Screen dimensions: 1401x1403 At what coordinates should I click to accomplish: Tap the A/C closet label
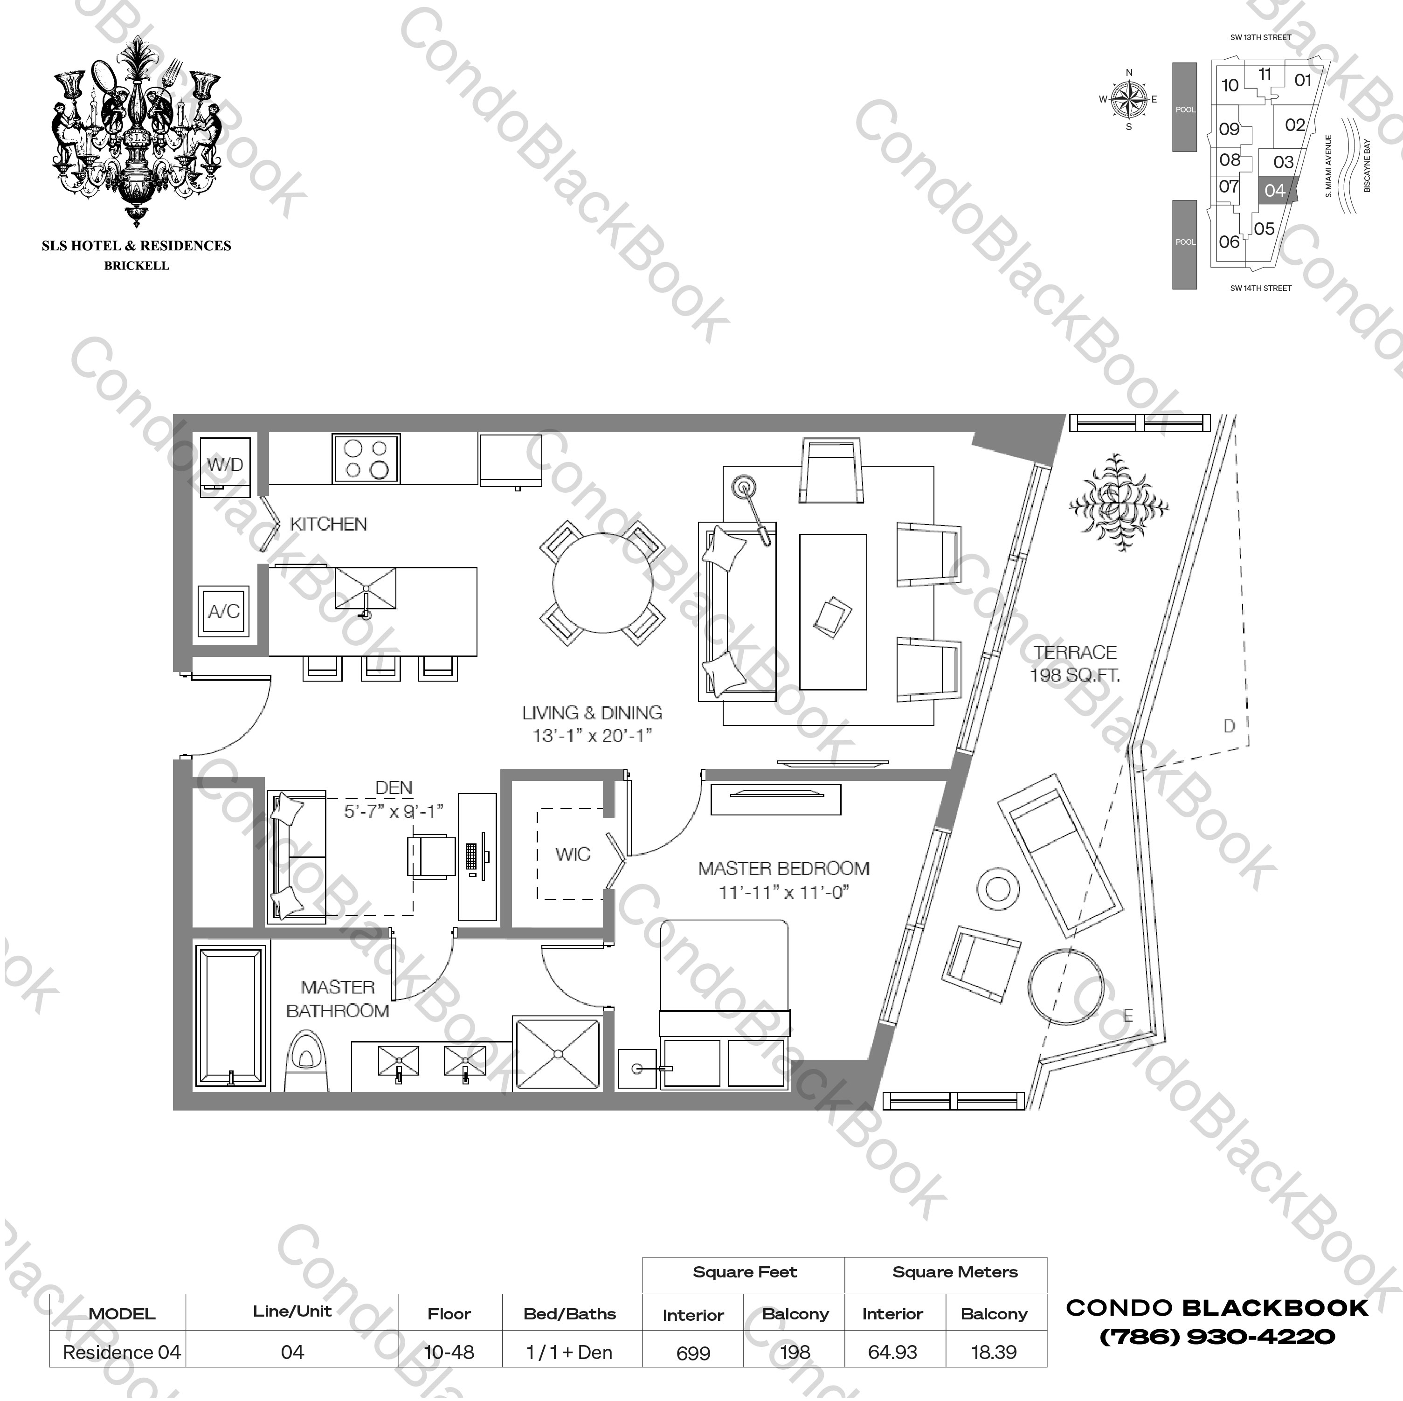tap(224, 611)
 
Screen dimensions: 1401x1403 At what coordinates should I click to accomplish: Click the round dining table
tap(602, 583)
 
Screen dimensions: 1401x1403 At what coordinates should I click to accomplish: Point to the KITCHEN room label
tap(328, 524)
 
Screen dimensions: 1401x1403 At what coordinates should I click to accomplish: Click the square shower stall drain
tap(558, 1053)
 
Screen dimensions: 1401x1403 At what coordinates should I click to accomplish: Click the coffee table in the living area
tap(832, 612)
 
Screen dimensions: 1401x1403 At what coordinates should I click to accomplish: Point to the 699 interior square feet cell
tap(693, 1353)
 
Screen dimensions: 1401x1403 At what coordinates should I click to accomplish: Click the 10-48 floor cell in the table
tap(449, 1353)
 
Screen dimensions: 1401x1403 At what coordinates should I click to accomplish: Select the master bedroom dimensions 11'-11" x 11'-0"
tap(783, 892)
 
